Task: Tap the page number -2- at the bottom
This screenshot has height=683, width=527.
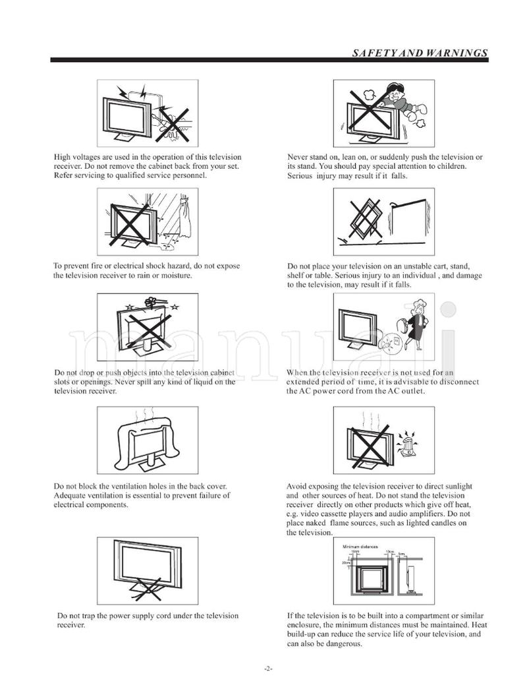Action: (x=268, y=668)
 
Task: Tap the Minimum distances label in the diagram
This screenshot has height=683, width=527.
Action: (x=360, y=547)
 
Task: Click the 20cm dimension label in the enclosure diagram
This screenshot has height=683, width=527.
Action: (x=346, y=563)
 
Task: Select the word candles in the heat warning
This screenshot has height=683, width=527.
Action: (x=441, y=523)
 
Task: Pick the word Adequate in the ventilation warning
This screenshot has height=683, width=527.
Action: (x=70, y=496)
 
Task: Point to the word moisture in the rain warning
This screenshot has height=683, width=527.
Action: (x=177, y=275)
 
